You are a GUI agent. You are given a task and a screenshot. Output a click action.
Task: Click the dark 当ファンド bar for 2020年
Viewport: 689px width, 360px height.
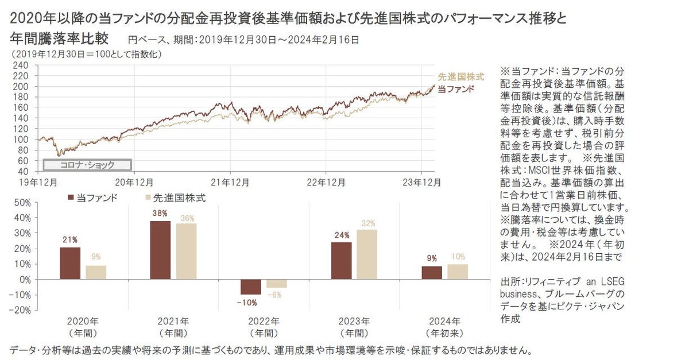(x=70, y=264)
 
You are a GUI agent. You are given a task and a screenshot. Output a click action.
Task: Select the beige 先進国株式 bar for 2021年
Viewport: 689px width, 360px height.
(x=186, y=251)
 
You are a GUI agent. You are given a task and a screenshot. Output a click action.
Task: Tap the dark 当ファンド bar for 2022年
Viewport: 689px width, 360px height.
(x=250, y=287)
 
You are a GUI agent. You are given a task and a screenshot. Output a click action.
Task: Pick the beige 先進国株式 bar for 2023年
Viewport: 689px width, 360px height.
(x=367, y=254)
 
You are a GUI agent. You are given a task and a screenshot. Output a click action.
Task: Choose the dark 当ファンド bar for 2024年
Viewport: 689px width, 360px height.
(x=431, y=273)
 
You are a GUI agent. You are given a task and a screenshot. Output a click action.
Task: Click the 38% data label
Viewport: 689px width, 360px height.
(x=160, y=214)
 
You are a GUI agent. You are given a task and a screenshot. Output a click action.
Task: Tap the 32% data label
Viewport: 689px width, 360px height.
(x=367, y=223)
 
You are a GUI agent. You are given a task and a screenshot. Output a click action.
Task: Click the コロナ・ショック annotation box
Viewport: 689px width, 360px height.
(x=87, y=165)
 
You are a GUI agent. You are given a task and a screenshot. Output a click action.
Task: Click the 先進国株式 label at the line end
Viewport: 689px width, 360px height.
(x=461, y=76)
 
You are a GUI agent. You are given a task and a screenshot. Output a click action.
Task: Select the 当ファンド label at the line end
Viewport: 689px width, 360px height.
(x=456, y=88)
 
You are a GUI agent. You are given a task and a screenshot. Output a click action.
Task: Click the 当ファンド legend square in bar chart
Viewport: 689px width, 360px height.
(x=71, y=198)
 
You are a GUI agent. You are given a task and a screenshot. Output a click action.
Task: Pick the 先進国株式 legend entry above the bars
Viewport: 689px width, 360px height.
(x=175, y=198)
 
